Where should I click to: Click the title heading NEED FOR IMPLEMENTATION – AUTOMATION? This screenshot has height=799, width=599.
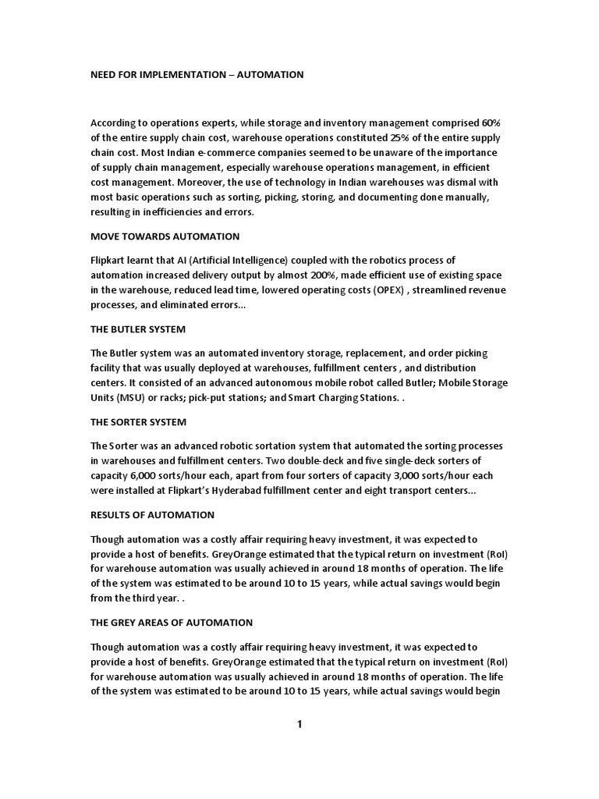[x=197, y=75]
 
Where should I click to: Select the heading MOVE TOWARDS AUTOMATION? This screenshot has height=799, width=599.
[x=165, y=236]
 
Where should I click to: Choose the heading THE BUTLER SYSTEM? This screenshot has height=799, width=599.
[x=138, y=328]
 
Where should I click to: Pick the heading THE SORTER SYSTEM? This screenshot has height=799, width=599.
[x=139, y=421]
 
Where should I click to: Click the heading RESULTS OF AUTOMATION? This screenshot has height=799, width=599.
[x=152, y=515]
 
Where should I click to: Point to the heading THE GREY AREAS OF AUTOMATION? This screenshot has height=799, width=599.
[x=172, y=623]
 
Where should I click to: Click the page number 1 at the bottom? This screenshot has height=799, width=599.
[x=299, y=724]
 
